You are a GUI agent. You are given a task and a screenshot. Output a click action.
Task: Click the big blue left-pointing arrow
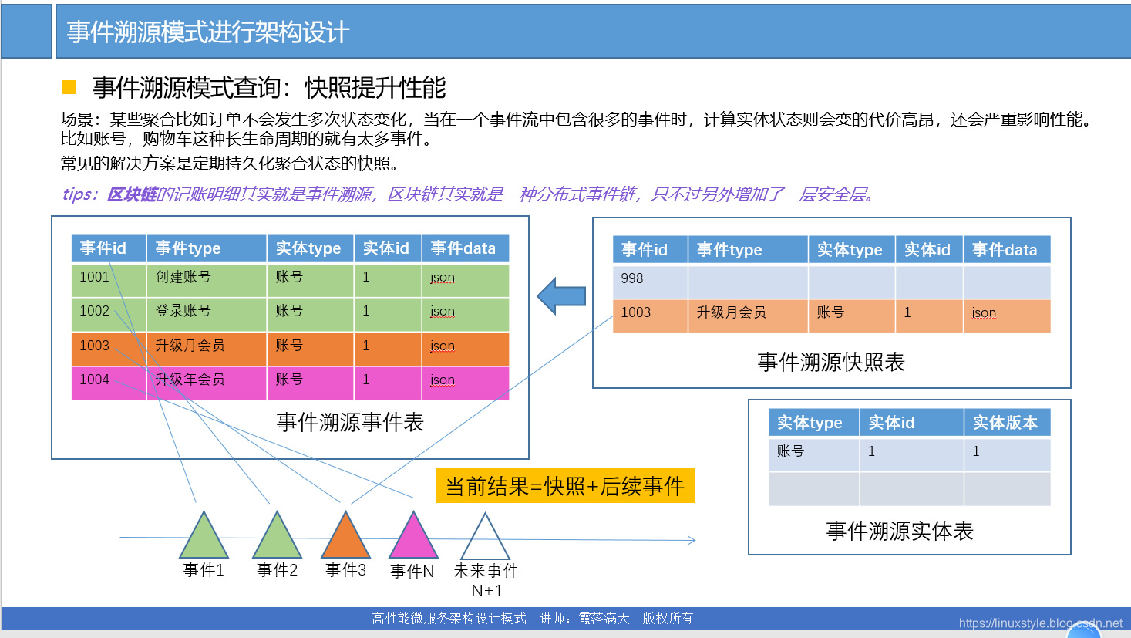coord(561,296)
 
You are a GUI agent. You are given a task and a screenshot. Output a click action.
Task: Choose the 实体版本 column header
coord(1005,423)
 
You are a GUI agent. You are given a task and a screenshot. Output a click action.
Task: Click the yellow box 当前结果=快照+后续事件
coord(565,486)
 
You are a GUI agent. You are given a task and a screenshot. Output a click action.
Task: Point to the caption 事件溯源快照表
coord(831,362)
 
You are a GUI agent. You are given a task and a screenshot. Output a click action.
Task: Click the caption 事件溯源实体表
coord(900,531)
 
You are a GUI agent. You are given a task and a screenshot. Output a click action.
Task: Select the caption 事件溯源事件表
coord(350,422)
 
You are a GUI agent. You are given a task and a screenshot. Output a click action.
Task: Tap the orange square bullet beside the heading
coord(69,87)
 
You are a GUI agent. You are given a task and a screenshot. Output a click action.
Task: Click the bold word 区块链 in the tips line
coord(132,194)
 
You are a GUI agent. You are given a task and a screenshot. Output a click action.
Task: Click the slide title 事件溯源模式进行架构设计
coord(208,32)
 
